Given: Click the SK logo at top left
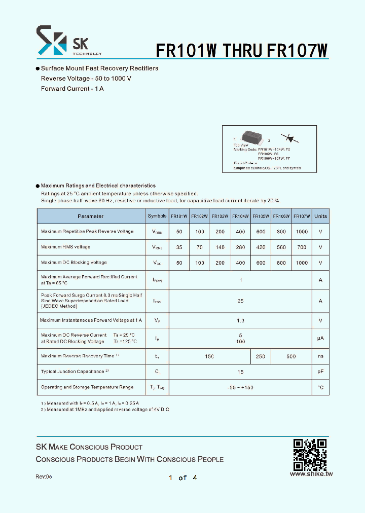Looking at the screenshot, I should tap(51, 41).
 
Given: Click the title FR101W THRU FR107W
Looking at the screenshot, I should tap(242, 50).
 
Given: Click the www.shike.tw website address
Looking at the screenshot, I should tap(311, 474).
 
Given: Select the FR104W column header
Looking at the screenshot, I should tap(240, 216).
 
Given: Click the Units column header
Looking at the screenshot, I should tap(320, 216).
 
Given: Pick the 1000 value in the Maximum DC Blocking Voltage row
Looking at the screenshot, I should tap(302, 263).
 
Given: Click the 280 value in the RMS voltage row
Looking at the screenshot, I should tap(240, 247).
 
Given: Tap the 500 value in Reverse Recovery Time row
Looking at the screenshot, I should tap(291, 356).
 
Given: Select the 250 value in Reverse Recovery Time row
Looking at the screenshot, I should tap(261, 356).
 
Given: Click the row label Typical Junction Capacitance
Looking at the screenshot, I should tap(72, 372).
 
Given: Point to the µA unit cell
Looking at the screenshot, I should tap(320, 338).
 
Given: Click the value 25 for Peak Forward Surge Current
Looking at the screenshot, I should tap(240, 301).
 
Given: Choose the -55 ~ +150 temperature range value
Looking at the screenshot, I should tap(240, 387).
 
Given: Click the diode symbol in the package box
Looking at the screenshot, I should tap(290, 137).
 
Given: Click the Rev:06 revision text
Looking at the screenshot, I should tap(44, 477).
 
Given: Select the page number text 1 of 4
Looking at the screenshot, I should tap(182, 478).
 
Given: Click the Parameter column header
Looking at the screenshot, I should tap(91, 216).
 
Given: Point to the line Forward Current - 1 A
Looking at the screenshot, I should tap(72, 89).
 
